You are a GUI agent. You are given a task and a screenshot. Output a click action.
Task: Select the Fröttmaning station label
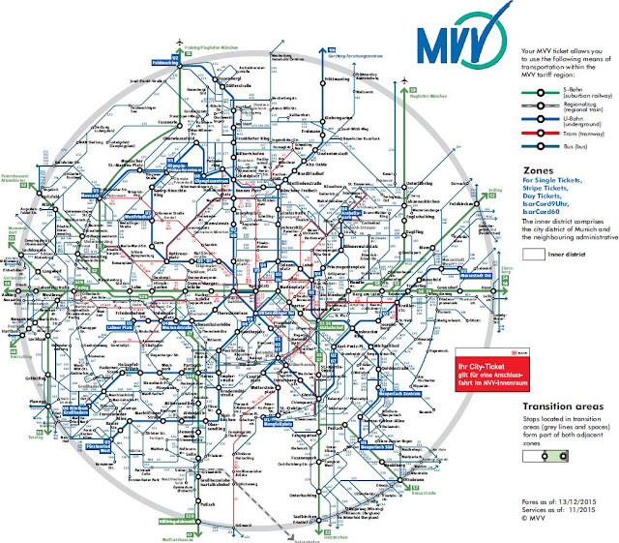click(x=341, y=78)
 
